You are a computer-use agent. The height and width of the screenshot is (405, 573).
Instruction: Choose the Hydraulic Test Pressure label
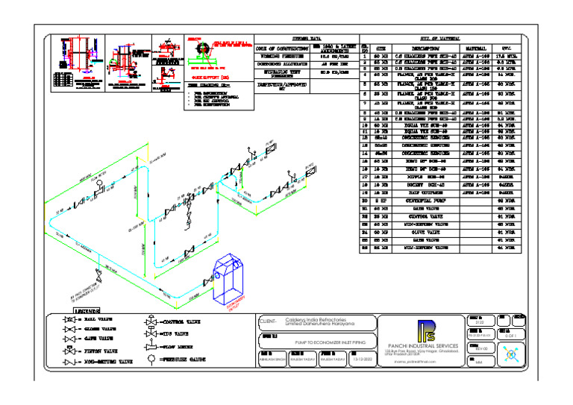pyautogui.click(x=281, y=73)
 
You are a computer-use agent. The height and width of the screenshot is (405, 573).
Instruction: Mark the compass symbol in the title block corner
pyautogui.click(x=510, y=356)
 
